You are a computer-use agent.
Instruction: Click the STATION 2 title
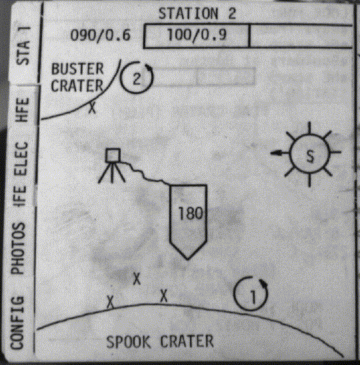click(x=197, y=14)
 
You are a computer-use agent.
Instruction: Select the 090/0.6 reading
click(x=100, y=35)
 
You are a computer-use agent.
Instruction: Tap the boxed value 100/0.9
click(x=197, y=35)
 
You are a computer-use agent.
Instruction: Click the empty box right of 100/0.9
click(x=301, y=36)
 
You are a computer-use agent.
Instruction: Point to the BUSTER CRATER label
click(x=77, y=77)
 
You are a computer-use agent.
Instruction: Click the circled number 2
click(x=137, y=77)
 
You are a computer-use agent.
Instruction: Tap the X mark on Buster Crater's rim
click(x=92, y=108)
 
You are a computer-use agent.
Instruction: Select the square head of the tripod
click(x=113, y=155)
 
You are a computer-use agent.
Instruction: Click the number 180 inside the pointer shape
click(x=190, y=214)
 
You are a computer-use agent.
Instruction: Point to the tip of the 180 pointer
click(x=187, y=259)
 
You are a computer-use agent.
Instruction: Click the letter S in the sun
click(x=310, y=155)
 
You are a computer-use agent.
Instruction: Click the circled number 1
click(x=251, y=294)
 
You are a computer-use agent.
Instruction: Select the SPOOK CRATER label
click(x=160, y=342)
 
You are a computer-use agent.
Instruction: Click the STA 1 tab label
click(x=23, y=46)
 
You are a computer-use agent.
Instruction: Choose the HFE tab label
click(x=22, y=109)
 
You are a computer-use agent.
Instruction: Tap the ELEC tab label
click(x=21, y=159)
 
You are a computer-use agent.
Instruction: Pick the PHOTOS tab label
click(x=18, y=248)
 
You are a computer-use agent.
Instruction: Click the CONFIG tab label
click(x=17, y=322)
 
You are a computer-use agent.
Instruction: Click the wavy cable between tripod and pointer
click(x=144, y=173)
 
